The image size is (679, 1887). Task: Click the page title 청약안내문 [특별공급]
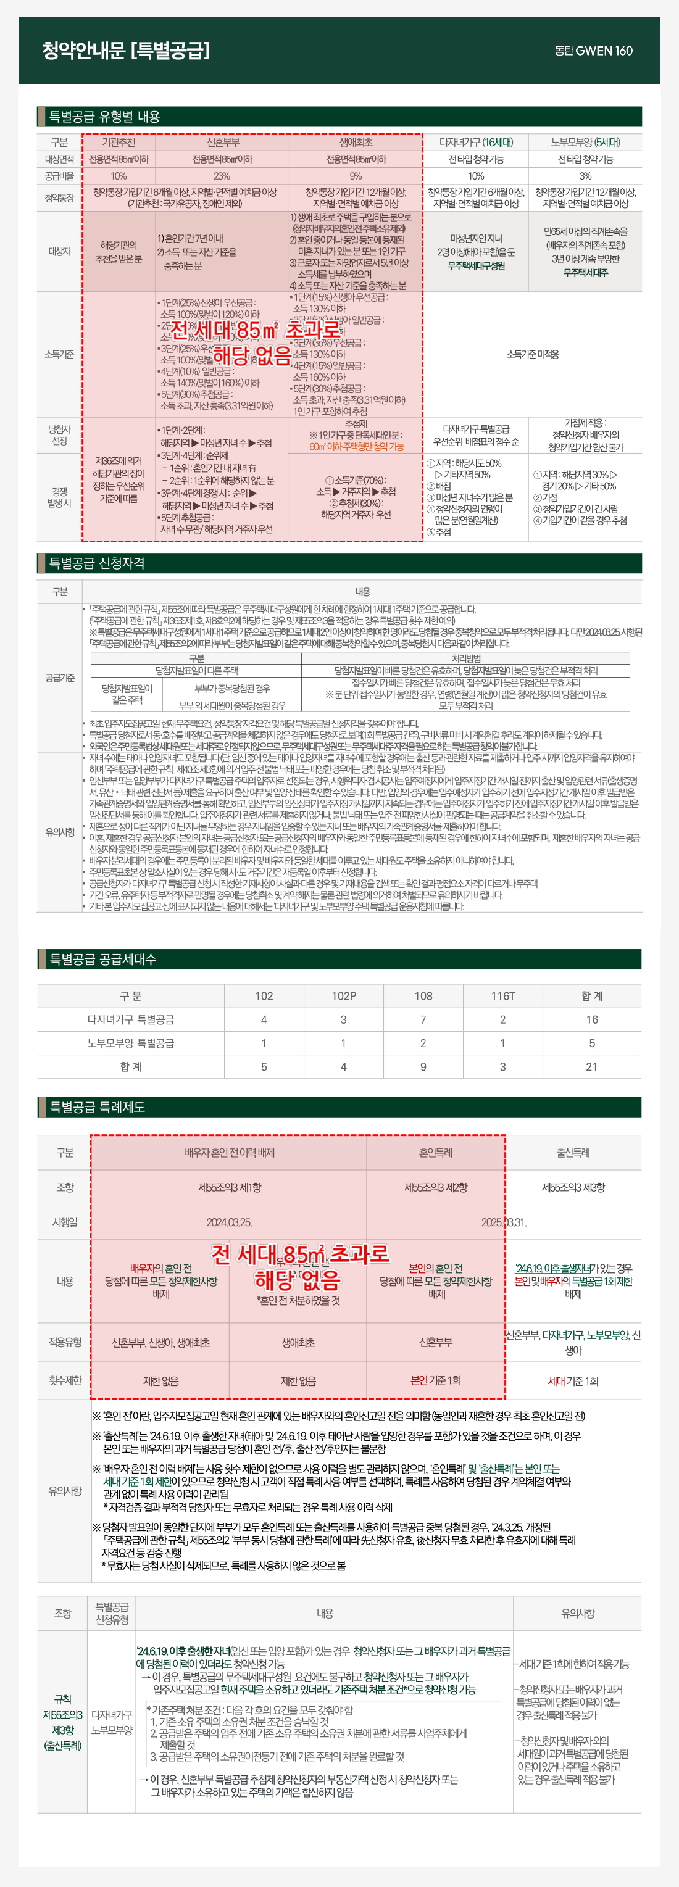[x=125, y=51]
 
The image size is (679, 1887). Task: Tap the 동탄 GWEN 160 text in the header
[x=593, y=51]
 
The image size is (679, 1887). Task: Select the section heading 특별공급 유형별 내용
[x=104, y=117]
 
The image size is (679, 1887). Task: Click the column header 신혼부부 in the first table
[x=222, y=142]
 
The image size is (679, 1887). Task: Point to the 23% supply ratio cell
[x=222, y=176]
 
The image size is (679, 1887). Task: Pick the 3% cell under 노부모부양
[x=585, y=176]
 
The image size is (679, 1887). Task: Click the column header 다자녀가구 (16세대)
[x=476, y=142]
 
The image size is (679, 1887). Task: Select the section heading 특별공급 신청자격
[x=97, y=563]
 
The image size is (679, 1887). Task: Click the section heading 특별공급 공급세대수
[x=102, y=959]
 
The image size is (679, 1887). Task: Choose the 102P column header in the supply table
[x=344, y=995]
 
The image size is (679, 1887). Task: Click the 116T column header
[x=502, y=995]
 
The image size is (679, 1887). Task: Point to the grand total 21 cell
[x=591, y=1066]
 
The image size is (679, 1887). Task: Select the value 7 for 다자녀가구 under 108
[x=423, y=1019]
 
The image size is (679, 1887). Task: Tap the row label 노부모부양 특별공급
[x=130, y=1043]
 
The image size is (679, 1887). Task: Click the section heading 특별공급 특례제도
[x=97, y=1107]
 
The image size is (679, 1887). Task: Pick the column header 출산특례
[x=573, y=1152]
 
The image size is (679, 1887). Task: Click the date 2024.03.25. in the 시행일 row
[x=228, y=1222]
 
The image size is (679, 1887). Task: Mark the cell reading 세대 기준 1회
[x=573, y=1380]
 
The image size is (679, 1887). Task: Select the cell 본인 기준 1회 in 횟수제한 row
[x=436, y=1380]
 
